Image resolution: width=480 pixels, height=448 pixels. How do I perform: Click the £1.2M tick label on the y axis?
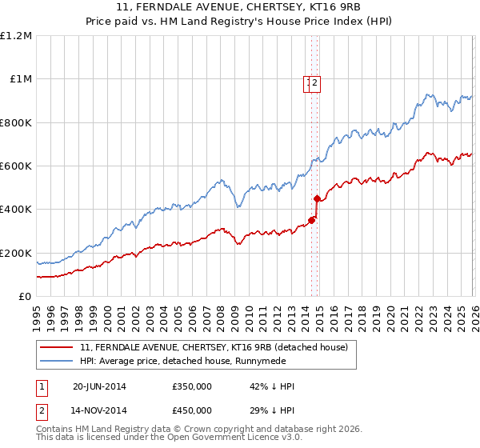tap(17, 36)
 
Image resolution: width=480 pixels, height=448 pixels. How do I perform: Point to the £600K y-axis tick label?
tap(17, 166)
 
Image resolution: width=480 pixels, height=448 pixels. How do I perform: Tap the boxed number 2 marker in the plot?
tap(316, 82)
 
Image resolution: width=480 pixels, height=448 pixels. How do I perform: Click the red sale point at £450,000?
tap(318, 198)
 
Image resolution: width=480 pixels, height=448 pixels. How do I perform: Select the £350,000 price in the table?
tap(192, 386)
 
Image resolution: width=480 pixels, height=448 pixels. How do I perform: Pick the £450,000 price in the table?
tap(192, 412)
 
